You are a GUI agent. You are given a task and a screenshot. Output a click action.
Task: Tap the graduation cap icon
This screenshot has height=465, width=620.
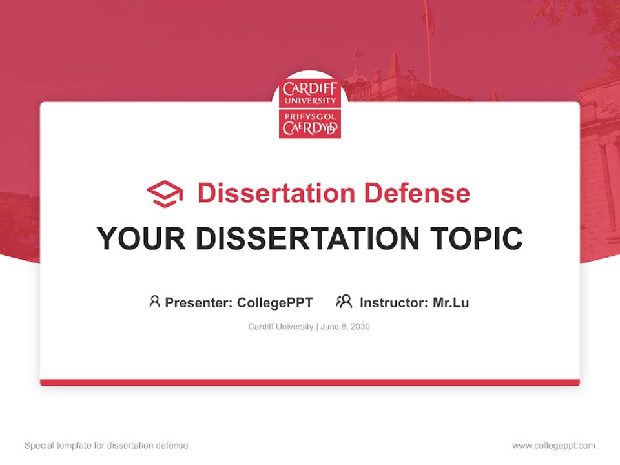[165, 194]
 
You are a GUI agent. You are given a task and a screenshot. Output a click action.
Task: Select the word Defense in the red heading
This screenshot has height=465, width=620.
[417, 193]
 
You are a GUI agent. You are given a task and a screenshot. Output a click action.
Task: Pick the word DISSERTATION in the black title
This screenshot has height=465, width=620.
[308, 238]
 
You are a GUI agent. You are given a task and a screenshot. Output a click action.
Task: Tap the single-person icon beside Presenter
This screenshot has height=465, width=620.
[154, 302]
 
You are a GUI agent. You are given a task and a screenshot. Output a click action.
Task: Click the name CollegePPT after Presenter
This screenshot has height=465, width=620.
[275, 302]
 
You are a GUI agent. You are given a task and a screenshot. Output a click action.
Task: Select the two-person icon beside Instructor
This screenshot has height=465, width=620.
[344, 302]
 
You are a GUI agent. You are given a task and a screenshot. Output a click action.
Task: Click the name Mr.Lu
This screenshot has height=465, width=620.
[451, 302]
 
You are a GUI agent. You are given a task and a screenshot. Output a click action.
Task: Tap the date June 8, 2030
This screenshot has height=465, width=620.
[345, 327]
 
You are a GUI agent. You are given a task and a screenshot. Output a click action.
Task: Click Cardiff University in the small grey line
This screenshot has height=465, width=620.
[280, 327]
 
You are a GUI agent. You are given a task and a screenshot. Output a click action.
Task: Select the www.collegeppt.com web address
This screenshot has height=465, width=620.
[553, 446]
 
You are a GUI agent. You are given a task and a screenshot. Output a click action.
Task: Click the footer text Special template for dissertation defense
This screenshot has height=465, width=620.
[107, 446]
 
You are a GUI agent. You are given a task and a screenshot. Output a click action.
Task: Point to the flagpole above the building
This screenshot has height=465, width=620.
[428, 39]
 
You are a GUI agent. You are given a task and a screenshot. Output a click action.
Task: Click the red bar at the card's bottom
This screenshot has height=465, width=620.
[310, 382]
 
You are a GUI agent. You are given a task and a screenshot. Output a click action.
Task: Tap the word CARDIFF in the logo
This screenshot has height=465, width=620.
[310, 88]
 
